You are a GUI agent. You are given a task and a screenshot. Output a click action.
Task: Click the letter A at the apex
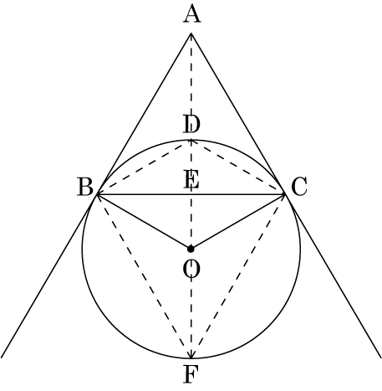point(191,15)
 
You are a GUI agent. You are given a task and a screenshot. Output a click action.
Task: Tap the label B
point(85,187)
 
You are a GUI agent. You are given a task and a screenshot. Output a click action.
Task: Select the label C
point(299,187)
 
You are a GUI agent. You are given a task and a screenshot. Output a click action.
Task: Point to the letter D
point(191,125)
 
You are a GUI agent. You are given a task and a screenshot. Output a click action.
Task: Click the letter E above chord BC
point(191,180)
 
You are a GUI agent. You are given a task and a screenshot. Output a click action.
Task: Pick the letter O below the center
point(191,270)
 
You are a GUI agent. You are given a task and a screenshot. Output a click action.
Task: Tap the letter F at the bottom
point(191,375)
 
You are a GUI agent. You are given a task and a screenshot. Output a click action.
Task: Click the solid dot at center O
point(191,249)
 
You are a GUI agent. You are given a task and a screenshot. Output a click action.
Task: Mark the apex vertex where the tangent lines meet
point(191,33)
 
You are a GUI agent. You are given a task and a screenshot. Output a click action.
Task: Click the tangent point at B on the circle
point(97,194)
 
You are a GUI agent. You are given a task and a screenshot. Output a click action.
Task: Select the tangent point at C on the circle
point(285,194)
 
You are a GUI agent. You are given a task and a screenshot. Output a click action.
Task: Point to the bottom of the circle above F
point(191,358)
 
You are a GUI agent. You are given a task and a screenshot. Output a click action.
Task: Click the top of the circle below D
point(191,140)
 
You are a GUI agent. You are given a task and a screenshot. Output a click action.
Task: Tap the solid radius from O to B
point(144,222)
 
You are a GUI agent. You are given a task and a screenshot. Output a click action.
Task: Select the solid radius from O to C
point(238,222)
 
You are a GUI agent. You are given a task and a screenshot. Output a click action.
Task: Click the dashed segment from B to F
point(144,276)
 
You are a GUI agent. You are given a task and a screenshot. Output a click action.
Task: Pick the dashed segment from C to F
point(238,276)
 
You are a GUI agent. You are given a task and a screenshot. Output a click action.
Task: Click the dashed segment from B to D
point(144,167)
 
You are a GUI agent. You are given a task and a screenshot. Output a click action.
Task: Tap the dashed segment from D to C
point(238,167)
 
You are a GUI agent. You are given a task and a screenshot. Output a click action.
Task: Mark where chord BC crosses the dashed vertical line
point(191,194)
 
